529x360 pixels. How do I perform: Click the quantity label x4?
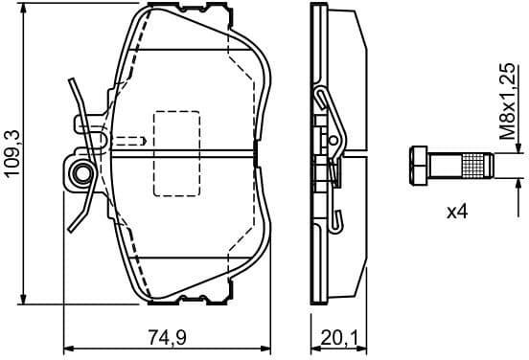(x=458, y=211)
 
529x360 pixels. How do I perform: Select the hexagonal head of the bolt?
(x=419, y=166)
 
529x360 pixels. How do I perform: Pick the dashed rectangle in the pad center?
(x=176, y=152)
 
